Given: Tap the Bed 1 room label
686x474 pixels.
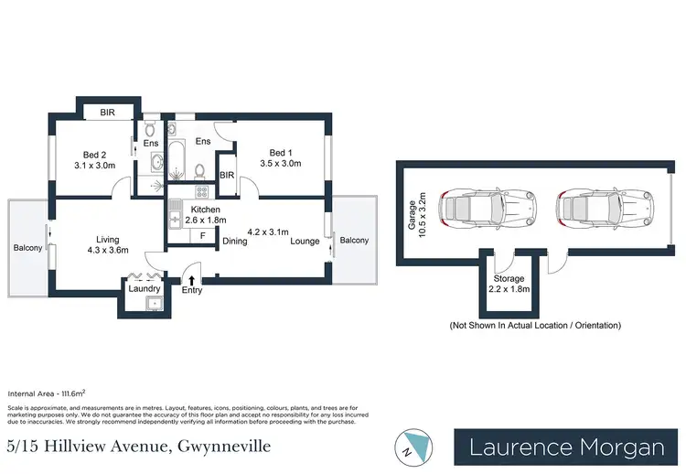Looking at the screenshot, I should (284, 158).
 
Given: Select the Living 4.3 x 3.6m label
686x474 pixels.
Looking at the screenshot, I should (109, 242).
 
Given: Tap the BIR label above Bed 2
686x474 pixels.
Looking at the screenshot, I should (107, 113).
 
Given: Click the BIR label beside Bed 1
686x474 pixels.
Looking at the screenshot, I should (227, 174).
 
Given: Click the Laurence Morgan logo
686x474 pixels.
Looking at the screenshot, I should (567, 447).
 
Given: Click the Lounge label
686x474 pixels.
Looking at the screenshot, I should (306, 242).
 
